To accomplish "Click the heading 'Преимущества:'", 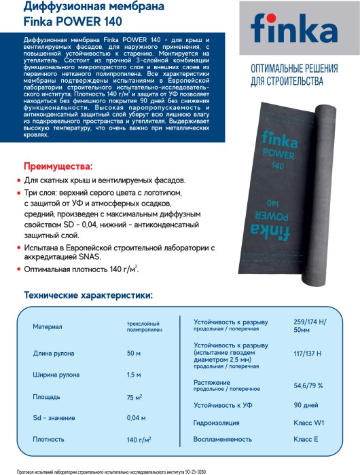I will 58,166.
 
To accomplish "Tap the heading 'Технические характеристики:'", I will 88,295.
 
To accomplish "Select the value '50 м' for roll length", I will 134,354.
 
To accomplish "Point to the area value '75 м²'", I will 134,396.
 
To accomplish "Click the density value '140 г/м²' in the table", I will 138,439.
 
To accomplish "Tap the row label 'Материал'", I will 47,326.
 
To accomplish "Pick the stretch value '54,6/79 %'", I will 308,385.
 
